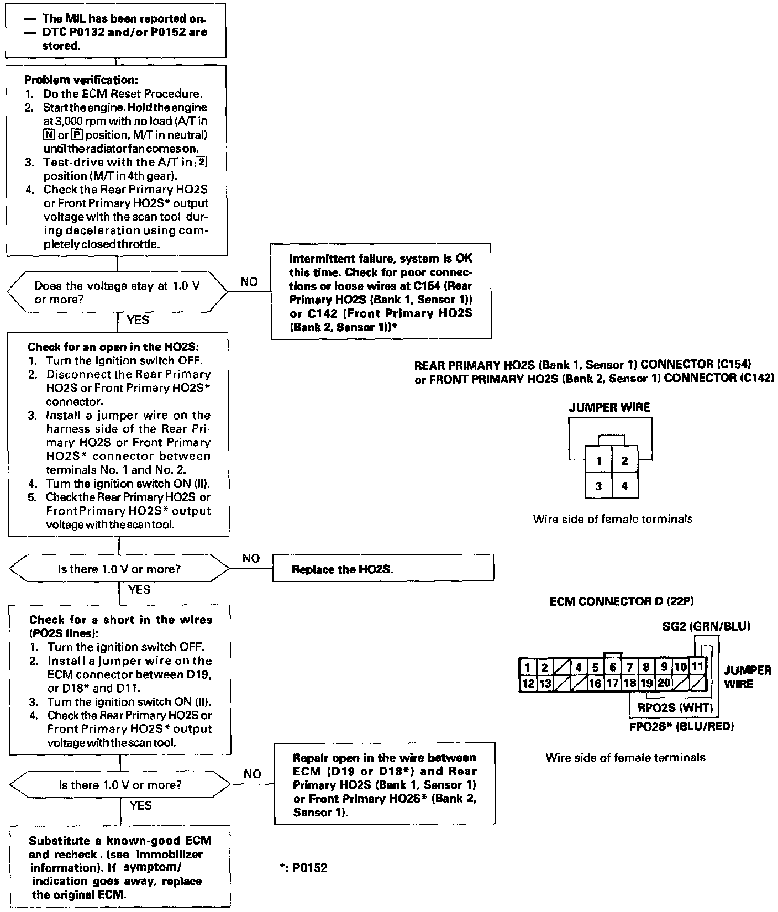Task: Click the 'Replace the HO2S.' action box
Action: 382,569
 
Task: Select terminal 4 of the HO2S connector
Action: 624,486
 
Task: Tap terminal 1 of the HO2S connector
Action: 598,460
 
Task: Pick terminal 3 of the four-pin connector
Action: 598,486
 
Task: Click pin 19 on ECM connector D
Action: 646,683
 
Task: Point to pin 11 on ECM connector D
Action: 697,667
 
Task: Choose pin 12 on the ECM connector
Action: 528,683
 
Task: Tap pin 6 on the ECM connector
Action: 613,667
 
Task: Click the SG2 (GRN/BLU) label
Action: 706,626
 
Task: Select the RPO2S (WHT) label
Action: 675,708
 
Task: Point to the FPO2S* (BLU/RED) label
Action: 681,726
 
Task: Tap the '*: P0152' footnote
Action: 304,868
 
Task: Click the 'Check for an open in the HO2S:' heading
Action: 113,347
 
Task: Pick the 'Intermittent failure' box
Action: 381,292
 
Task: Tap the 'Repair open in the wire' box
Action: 385,784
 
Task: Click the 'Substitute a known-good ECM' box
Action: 120,867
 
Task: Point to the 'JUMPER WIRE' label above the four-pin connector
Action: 609,407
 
